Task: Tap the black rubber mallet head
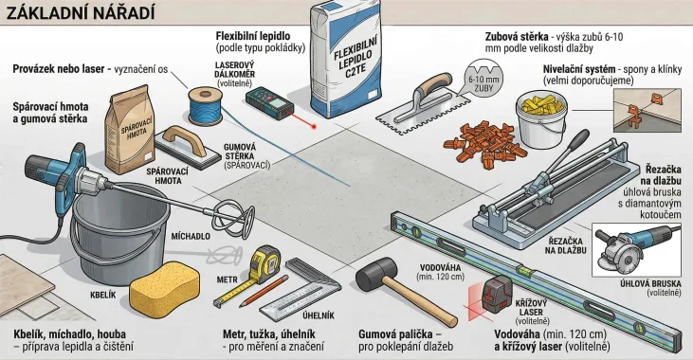pos(376,273)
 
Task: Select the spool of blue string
pos(205,105)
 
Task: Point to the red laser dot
pos(314,127)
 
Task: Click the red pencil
pos(264,291)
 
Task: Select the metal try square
pos(301,291)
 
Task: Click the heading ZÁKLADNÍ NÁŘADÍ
pos(80,13)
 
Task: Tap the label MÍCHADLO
pos(191,236)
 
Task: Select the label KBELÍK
pos(102,295)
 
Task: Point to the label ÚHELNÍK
pos(319,315)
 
